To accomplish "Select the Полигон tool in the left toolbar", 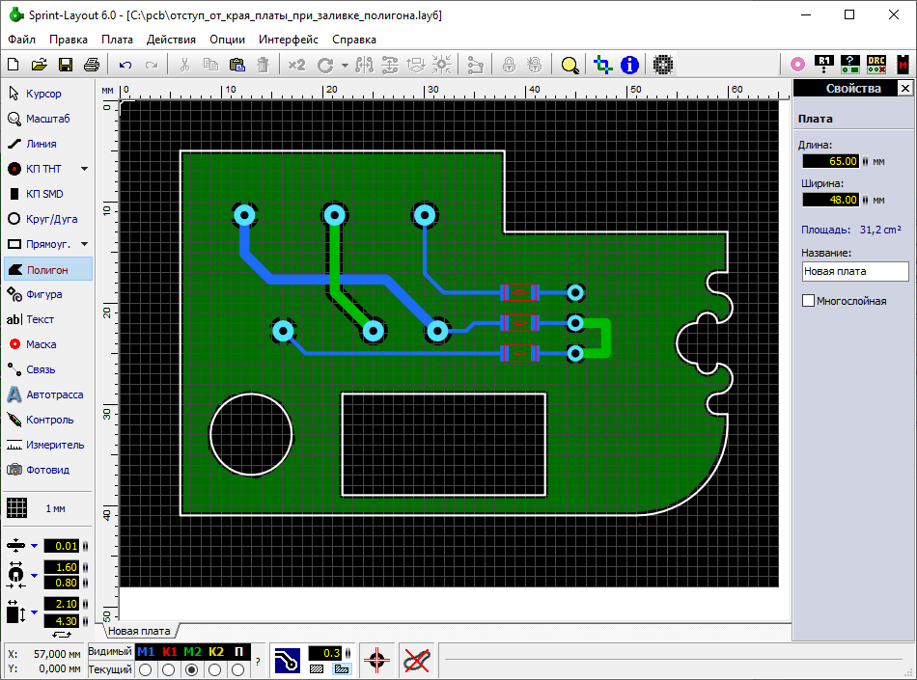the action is pyautogui.click(x=48, y=269).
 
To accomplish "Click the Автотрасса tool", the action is pyautogui.click(x=45, y=394).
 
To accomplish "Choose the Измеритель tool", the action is pyautogui.click(x=45, y=446).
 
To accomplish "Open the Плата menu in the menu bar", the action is pyautogui.click(x=117, y=40).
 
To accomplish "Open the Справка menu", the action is pyautogui.click(x=354, y=40).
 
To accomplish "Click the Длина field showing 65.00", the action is pyautogui.click(x=830, y=161).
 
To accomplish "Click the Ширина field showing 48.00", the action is pyautogui.click(x=830, y=200).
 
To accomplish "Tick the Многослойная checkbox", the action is pyautogui.click(x=808, y=301).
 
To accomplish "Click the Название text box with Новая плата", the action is pyautogui.click(x=855, y=271).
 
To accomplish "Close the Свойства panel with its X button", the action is pyautogui.click(x=904, y=88).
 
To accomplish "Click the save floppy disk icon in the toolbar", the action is pyautogui.click(x=66, y=65).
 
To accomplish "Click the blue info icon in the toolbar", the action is pyautogui.click(x=629, y=65).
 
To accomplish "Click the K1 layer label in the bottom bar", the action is pyautogui.click(x=169, y=652).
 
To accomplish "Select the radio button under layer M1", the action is pyautogui.click(x=146, y=669).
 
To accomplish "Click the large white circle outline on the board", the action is pyautogui.click(x=209, y=435).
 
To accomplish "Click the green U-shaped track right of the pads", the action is pyautogui.click(x=607, y=338).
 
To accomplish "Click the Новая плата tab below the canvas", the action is pyautogui.click(x=139, y=631).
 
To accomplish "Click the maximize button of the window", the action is pyautogui.click(x=849, y=15).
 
